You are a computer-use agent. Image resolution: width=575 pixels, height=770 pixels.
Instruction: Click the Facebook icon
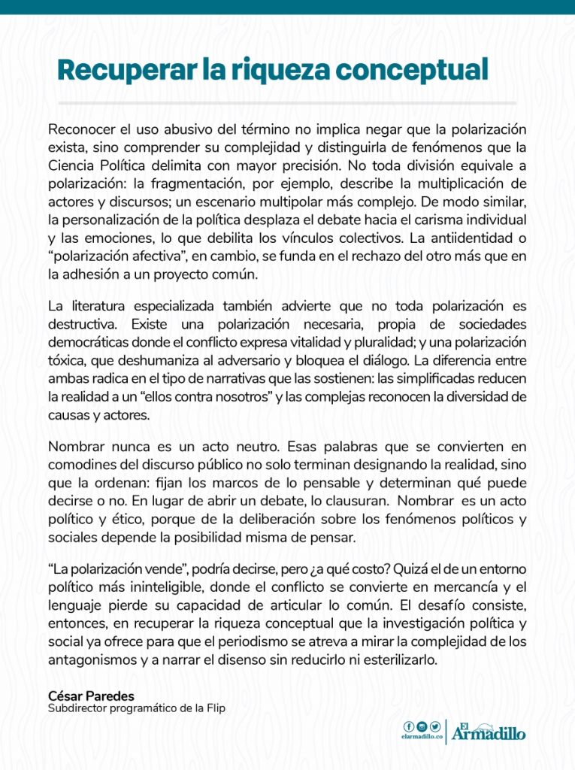coord(409,726)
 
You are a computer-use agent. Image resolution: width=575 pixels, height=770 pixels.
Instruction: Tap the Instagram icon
coord(422,726)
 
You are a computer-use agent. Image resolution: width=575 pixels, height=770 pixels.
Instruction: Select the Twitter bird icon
coord(434,726)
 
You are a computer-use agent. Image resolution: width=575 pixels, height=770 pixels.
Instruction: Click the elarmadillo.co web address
coord(421,738)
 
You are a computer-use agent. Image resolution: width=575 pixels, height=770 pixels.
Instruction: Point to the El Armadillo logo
coord(489,732)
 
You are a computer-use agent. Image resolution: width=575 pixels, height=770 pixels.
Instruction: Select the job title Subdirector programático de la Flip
coord(136,708)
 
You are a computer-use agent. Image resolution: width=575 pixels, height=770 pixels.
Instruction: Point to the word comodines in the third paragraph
coord(82,464)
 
